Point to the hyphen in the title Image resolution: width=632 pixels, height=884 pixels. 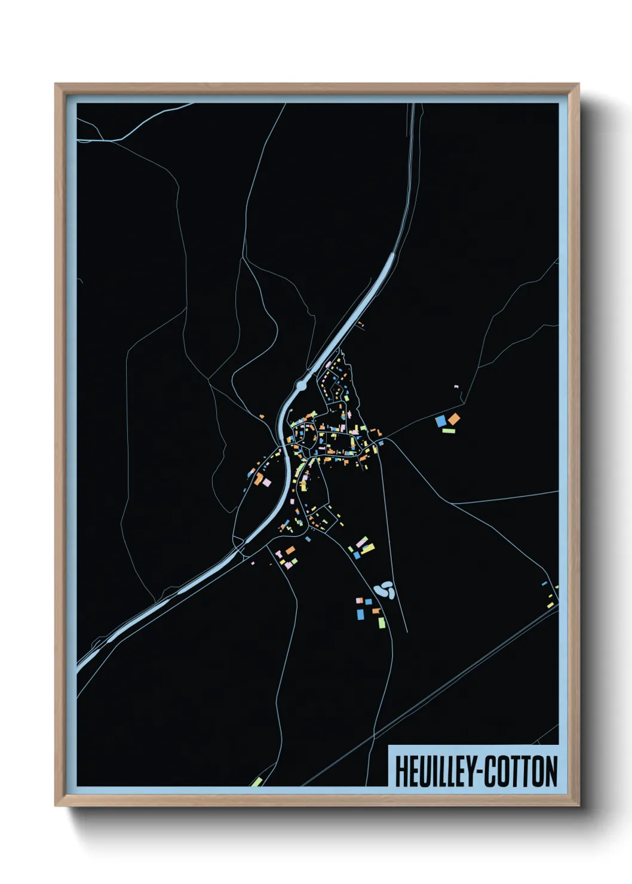478,772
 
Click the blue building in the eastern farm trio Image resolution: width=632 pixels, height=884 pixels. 441,421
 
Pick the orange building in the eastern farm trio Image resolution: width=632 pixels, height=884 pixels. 454,419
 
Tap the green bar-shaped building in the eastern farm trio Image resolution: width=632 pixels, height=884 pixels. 449,430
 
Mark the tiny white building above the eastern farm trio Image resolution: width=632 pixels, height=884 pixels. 456,387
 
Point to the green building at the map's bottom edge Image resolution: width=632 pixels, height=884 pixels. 257,781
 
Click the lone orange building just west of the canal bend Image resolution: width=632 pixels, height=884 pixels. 262,416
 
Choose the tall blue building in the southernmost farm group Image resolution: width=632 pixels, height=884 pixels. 361,613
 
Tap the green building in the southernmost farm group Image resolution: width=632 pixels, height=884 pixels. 382,622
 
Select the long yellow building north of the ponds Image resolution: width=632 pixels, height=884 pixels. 367,548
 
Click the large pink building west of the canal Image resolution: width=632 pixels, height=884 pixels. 266,481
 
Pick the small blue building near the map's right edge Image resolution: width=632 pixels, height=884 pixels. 544,583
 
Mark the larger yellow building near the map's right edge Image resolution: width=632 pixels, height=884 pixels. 550,604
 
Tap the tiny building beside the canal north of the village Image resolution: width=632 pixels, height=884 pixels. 360,324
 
